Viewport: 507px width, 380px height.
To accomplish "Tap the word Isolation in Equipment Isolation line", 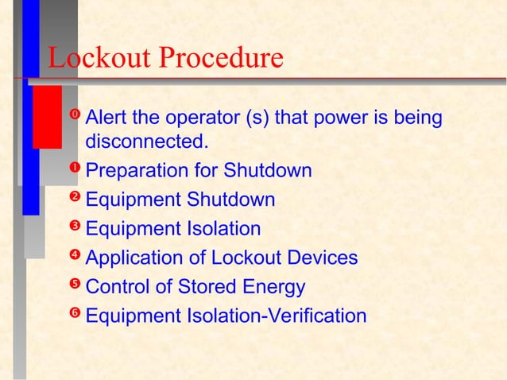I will pos(224,230).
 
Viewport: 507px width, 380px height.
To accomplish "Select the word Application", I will pos(132,259).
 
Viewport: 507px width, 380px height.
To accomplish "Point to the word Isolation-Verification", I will pos(277,316).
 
